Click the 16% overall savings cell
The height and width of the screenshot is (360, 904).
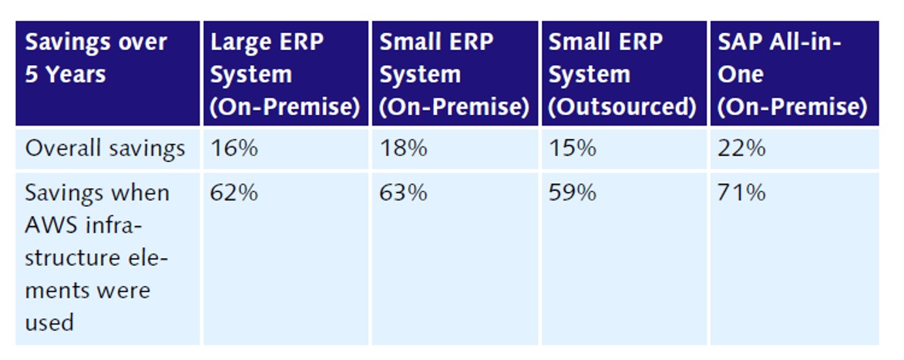[x=234, y=149]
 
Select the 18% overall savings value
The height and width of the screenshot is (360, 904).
[x=403, y=149]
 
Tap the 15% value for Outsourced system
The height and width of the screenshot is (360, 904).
[x=572, y=149]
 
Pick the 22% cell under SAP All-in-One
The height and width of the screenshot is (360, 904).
[x=741, y=149]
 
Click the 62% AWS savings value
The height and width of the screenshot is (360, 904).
[x=234, y=193]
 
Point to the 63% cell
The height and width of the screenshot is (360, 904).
[x=403, y=193]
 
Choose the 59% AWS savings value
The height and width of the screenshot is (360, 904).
[x=572, y=193]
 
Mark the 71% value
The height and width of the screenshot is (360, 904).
[x=741, y=193]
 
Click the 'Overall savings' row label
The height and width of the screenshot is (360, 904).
[x=105, y=149]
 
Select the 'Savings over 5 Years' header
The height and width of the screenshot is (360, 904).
[x=96, y=59]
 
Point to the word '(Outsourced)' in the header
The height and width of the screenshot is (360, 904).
[x=622, y=108]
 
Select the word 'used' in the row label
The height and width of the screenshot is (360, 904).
[x=49, y=322]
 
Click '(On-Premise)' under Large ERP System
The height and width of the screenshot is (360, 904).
[x=285, y=108]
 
